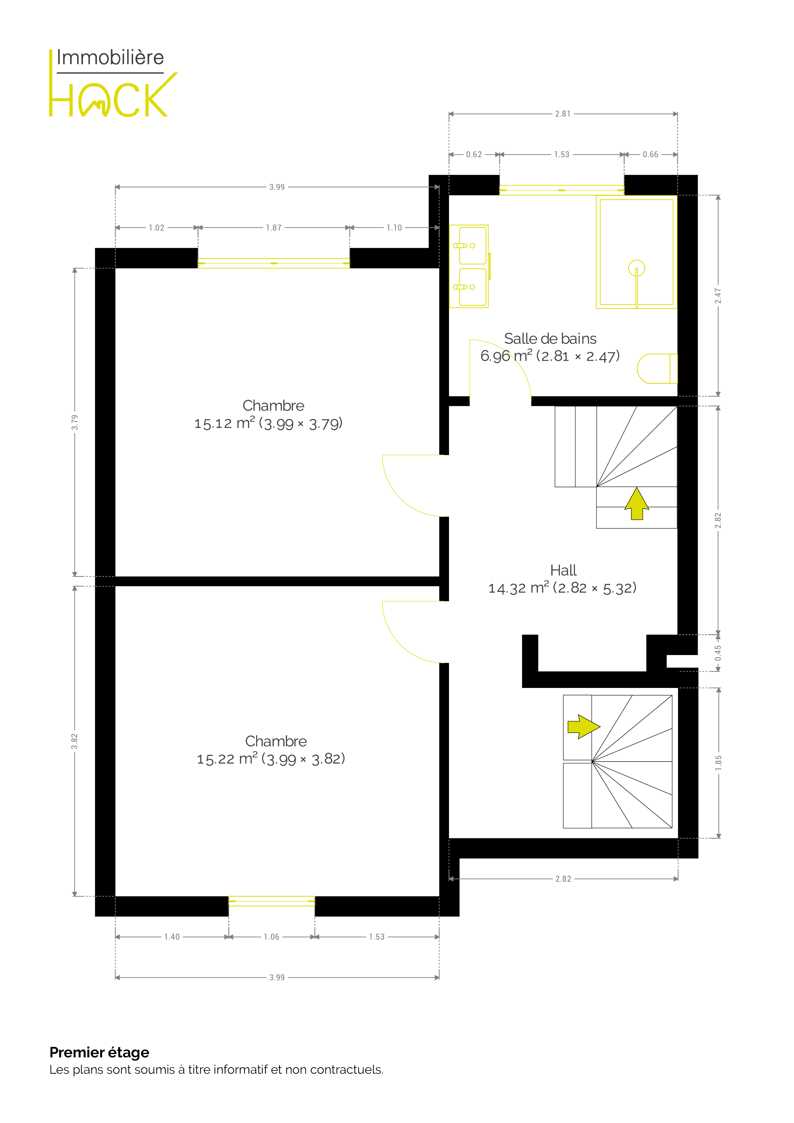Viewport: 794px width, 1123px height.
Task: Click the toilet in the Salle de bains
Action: click(x=657, y=368)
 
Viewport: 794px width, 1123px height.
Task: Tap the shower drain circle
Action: click(x=636, y=268)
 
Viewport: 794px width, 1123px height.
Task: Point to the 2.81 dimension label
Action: click(x=563, y=114)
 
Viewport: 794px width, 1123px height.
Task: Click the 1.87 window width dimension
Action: click(x=273, y=228)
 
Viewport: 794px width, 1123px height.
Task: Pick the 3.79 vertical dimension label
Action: click(x=74, y=422)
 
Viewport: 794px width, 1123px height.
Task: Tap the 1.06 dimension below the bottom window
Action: click(x=271, y=937)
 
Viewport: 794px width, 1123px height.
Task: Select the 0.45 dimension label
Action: click(x=718, y=653)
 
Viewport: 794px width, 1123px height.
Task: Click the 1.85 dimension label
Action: click(x=718, y=763)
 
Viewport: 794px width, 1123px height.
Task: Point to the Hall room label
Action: click(x=563, y=570)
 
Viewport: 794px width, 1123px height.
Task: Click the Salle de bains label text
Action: click(x=550, y=338)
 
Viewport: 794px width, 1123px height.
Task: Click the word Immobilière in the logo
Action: click(x=110, y=57)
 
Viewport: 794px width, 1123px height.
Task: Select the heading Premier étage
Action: click(x=99, y=1052)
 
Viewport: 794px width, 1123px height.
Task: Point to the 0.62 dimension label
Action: click(x=474, y=155)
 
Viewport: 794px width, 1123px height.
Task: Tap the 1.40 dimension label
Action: click(x=172, y=937)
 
